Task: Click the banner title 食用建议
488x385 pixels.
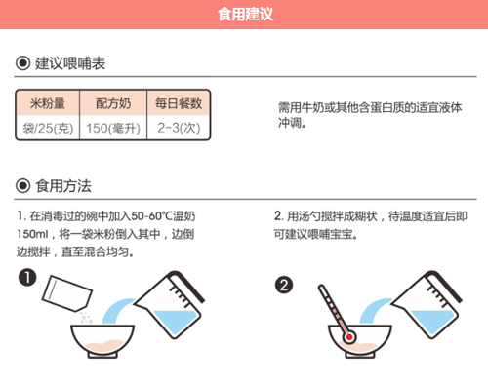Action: [x=244, y=15]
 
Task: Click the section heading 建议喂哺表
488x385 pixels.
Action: [x=70, y=64]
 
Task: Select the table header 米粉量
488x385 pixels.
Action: [x=47, y=103]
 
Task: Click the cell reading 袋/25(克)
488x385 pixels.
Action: [x=47, y=127]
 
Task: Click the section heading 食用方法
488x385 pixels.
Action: [x=63, y=185]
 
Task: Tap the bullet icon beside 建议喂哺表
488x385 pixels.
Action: [x=23, y=64]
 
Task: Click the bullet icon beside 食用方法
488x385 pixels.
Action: [x=23, y=185]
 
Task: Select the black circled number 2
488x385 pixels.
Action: [x=284, y=286]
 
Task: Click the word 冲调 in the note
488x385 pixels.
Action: [x=291, y=124]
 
